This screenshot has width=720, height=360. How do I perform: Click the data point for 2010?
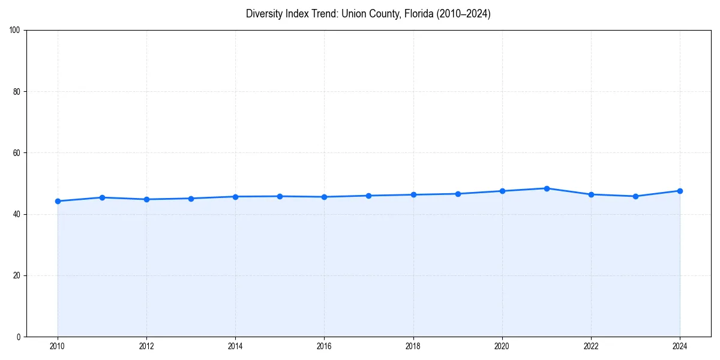pyautogui.click(x=58, y=201)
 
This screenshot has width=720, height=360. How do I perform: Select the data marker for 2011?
pyautogui.click(x=102, y=197)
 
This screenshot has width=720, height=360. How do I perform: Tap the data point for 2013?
pyautogui.click(x=191, y=199)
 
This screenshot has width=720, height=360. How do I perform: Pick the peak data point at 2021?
pyautogui.click(x=547, y=188)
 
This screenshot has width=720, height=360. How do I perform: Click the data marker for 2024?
pyautogui.click(x=680, y=191)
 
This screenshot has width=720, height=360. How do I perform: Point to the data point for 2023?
pyautogui.click(x=635, y=196)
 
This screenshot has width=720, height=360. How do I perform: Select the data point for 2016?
pyautogui.click(x=324, y=197)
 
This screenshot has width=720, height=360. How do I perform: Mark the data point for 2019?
pyautogui.click(x=458, y=194)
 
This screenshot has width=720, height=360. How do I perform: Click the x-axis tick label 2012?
pyautogui.click(x=146, y=346)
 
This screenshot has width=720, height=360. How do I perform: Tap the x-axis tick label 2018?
pyautogui.click(x=413, y=346)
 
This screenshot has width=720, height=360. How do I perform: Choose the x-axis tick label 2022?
pyautogui.click(x=591, y=346)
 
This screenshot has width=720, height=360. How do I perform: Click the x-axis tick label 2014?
pyautogui.click(x=235, y=346)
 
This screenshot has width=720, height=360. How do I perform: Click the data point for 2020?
pyautogui.click(x=502, y=191)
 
